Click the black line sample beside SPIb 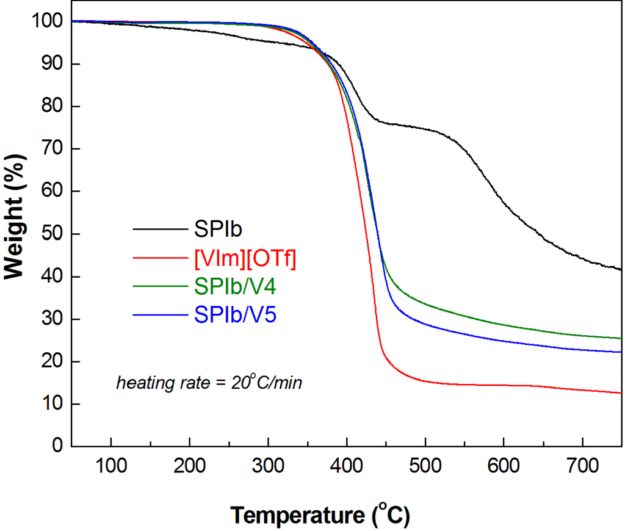click(159, 229)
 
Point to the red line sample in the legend click(159, 259)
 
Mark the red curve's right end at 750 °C click(620, 393)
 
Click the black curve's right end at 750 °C click(620, 269)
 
